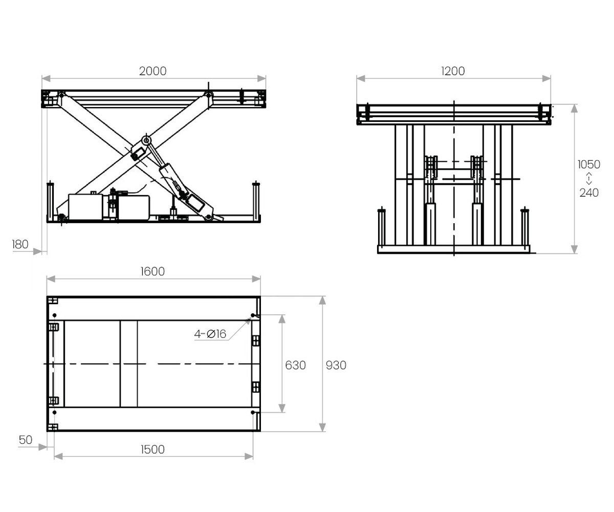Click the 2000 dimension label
click(152, 71)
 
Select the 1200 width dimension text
click(453, 71)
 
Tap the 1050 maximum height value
click(589, 164)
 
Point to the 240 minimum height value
click(589, 193)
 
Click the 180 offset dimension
click(20, 244)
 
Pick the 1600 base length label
click(152, 271)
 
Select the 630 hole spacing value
click(296, 365)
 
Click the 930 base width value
click(336, 365)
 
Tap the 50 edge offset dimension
click(26, 440)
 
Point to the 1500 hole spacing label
click(152, 450)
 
